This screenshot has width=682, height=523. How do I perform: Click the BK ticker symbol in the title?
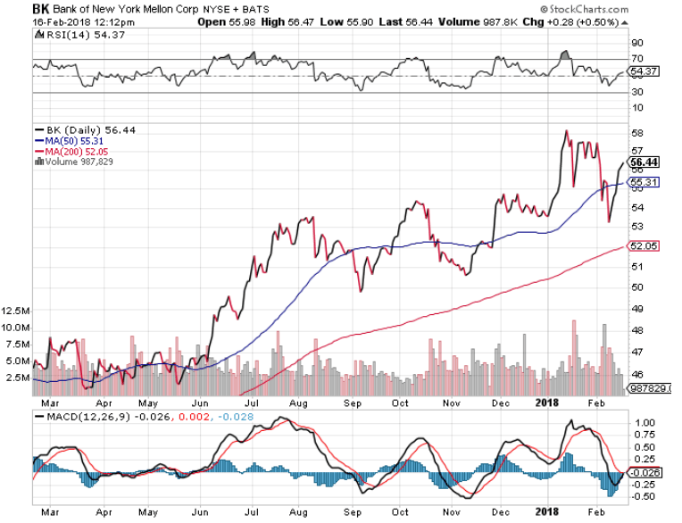(41, 8)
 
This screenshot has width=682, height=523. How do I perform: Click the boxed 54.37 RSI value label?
(643, 71)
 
